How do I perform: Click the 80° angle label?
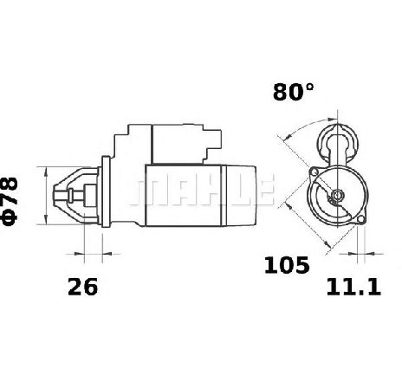pyautogui.click(x=293, y=92)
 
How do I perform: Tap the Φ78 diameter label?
pyautogui.click(x=10, y=201)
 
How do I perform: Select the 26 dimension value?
pyautogui.click(x=82, y=287)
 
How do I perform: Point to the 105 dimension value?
pyautogui.click(x=287, y=265)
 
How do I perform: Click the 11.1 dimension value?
pyautogui.click(x=353, y=288)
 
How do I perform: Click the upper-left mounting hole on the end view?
pyautogui.click(x=313, y=172)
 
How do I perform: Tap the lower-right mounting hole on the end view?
pyautogui.click(x=361, y=219)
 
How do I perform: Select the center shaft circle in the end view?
pyautogui.click(x=337, y=196)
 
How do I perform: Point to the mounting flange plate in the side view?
pyautogui.click(x=106, y=191)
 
